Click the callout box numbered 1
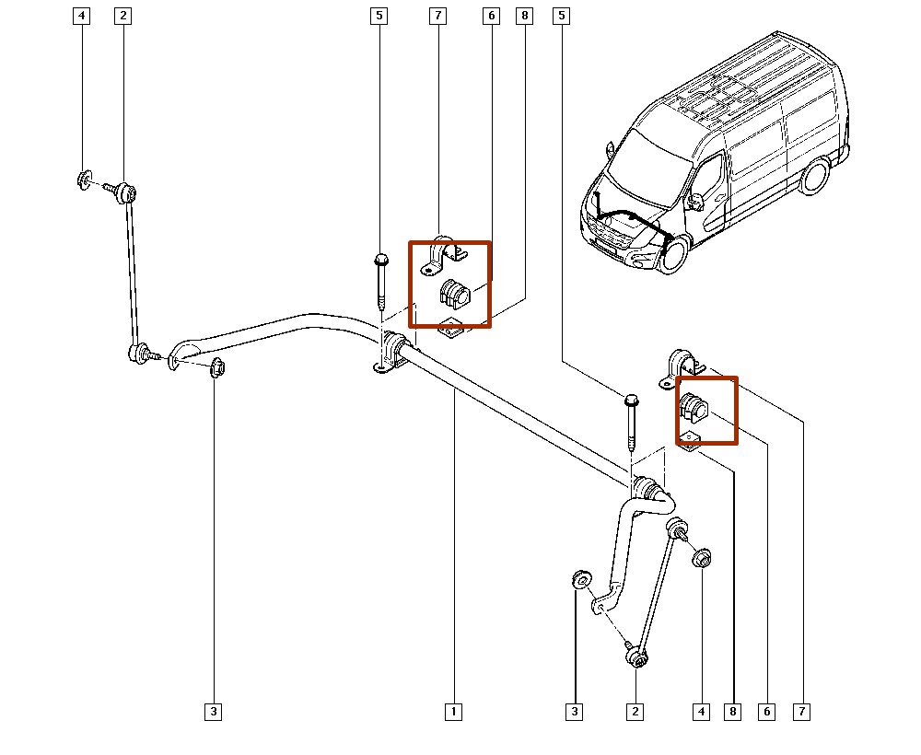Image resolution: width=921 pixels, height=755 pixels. click(452, 711)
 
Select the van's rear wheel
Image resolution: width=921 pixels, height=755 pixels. click(813, 176)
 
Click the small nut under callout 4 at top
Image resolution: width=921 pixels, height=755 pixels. click(83, 180)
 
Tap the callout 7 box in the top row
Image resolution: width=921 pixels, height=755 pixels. click(437, 16)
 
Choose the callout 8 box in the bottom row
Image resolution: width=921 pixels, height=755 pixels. click(733, 711)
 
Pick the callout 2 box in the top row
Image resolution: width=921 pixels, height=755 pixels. click(123, 16)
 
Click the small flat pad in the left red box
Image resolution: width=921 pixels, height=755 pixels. click(450, 328)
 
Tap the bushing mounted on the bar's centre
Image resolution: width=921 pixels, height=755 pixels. click(397, 350)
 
